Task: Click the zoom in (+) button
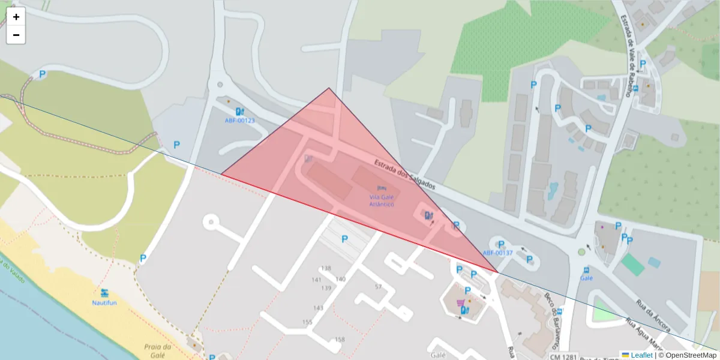coord(16,17)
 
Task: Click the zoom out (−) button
coord(16,35)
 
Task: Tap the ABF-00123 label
coord(240,121)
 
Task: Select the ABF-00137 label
coord(497,253)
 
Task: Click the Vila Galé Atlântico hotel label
coord(382,200)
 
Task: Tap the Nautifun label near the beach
coord(104,303)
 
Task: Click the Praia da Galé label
coord(158,350)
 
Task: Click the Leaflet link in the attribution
coord(641,355)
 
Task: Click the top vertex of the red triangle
coord(329,88)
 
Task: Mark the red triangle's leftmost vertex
coord(221,175)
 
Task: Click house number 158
coord(340,340)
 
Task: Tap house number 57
coord(378,287)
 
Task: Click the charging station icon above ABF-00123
coord(240,111)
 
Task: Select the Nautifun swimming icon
coord(105,293)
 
